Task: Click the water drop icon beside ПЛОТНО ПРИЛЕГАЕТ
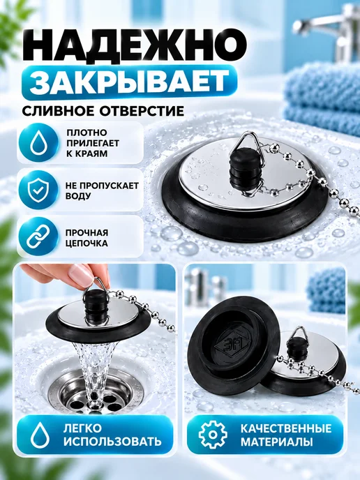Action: pos(38,143)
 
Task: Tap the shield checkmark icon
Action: pos(38,190)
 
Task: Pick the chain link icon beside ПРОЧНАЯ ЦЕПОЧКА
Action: pos(38,237)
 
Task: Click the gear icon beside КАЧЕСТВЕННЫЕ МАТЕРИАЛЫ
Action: pos(213,435)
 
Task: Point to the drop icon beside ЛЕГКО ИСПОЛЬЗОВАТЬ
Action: pos(40,435)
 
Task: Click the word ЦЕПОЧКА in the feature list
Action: pos(87,243)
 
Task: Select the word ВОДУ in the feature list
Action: pos(78,196)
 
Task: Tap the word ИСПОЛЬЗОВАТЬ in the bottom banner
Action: pos(112,442)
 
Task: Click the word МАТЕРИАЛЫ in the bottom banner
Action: pos(277,442)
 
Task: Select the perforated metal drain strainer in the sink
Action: pos(96,392)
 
